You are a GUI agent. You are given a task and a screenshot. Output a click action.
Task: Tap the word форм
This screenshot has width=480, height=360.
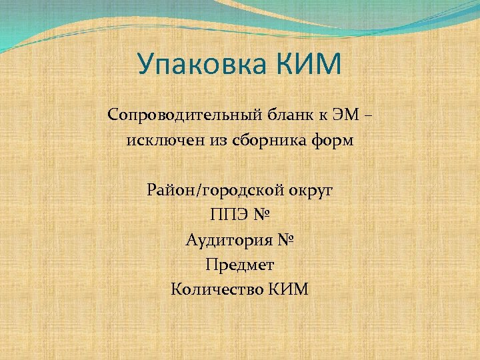[335, 141]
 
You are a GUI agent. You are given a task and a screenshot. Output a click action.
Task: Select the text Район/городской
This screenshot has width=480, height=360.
[207, 191]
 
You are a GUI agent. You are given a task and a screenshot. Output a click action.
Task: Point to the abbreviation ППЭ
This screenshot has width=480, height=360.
[227, 215]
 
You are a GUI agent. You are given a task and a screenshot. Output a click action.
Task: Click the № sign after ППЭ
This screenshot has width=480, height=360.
[263, 215]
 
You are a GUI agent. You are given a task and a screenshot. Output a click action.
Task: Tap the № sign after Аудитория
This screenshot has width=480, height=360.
[284, 240]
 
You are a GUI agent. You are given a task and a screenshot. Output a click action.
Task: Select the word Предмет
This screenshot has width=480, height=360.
[240, 265]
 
